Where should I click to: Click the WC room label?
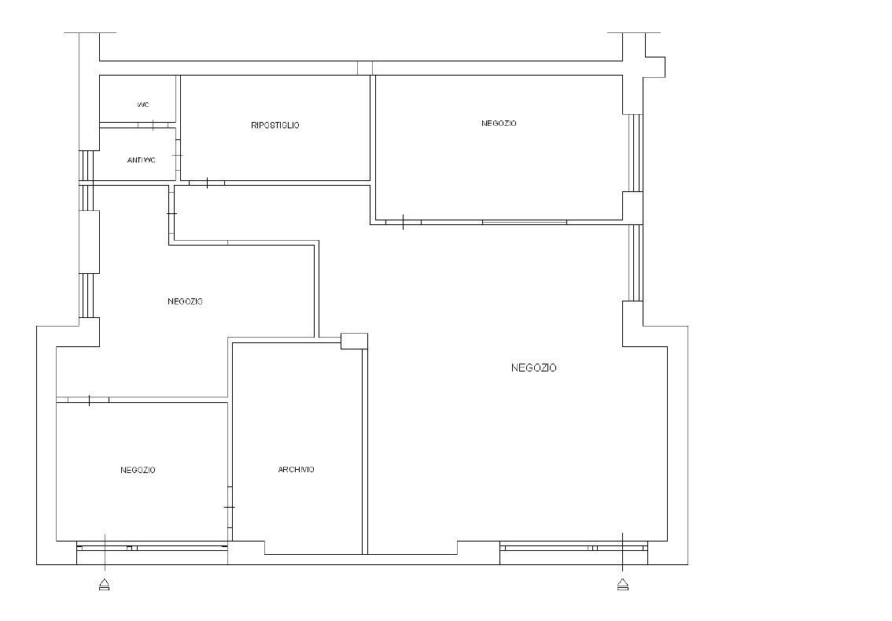(x=143, y=105)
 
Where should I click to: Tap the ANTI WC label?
(x=141, y=160)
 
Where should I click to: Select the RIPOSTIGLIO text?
(x=275, y=125)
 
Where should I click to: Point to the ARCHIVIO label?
(x=296, y=470)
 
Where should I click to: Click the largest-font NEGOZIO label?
(x=533, y=368)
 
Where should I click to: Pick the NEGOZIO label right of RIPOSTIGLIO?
(x=499, y=123)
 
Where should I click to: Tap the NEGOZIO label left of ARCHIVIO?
(x=138, y=470)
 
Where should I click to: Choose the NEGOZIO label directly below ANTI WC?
(x=185, y=301)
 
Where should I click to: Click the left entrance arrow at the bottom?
(x=104, y=585)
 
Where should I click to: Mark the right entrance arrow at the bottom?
(x=622, y=585)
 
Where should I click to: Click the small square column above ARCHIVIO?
(x=355, y=341)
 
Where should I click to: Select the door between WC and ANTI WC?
(x=153, y=125)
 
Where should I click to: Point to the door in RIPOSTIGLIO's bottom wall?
(x=207, y=183)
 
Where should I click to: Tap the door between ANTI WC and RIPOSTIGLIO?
(x=178, y=155)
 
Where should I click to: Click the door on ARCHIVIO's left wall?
(x=230, y=507)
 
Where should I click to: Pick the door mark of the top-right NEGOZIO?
(x=404, y=222)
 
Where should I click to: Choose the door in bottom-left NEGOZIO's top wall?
(x=89, y=400)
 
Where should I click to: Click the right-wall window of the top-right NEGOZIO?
(x=636, y=153)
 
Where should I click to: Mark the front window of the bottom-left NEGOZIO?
(x=152, y=548)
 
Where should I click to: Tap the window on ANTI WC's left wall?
(x=86, y=164)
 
